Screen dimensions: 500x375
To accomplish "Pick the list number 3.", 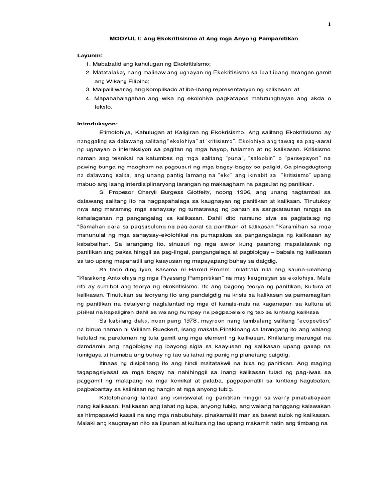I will click(x=87, y=90).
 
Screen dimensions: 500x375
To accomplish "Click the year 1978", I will click(x=178, y=321).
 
